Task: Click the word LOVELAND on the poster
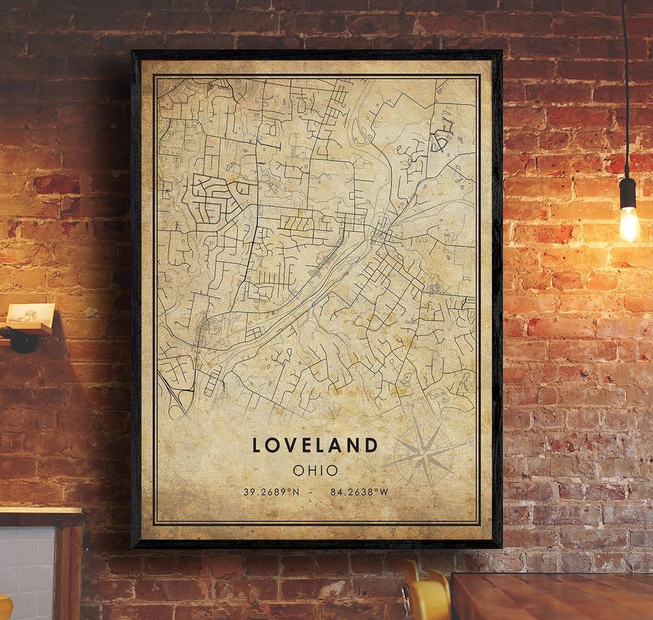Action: (315, 445)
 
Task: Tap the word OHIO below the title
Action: (315, 470)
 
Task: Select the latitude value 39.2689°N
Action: (271, 492)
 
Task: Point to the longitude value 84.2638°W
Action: (359, 492)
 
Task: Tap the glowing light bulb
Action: (629, 224)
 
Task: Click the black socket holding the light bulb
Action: (628, 192)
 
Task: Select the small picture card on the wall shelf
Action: (30, 313)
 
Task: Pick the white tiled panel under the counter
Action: (27, 572)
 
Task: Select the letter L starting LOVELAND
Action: (257, 445)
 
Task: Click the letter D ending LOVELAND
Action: (371, 445)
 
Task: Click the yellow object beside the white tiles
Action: (5, 608)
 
